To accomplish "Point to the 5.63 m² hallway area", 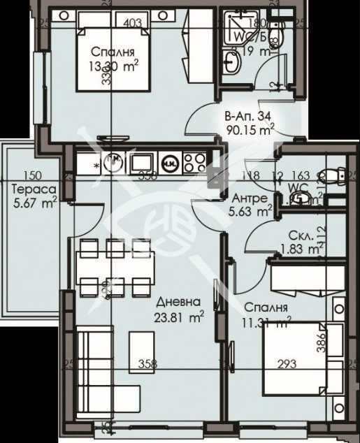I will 252,210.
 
